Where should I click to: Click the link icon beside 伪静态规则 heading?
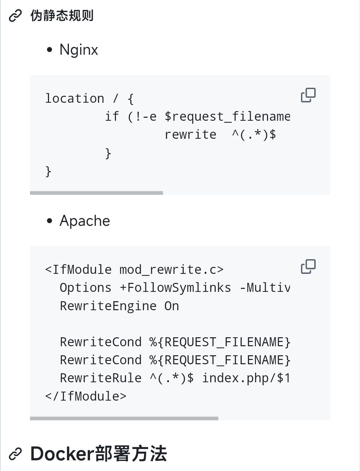coord(15,16)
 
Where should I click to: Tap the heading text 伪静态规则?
coord(62,16)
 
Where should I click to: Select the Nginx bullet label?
coord(79,50)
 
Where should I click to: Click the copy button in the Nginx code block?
coord(308,95)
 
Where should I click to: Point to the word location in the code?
coord(75,98)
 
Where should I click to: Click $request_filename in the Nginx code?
coord(227,116)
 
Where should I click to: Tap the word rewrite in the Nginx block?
coord(190,134)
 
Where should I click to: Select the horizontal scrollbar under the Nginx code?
coord(96,193)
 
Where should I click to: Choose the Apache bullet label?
coord(85,221)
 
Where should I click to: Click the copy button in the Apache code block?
coord(308,267)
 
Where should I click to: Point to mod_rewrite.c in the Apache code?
coord(171,270)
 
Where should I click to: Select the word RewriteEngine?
coord(108,306)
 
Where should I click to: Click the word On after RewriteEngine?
coord(172,306)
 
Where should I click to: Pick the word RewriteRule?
coord(101,378)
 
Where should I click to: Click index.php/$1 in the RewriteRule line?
coord(246,378)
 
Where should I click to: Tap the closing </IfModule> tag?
coord(86,396)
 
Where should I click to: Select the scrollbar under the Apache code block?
coord(124,418)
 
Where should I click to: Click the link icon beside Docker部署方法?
coord(15,454)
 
